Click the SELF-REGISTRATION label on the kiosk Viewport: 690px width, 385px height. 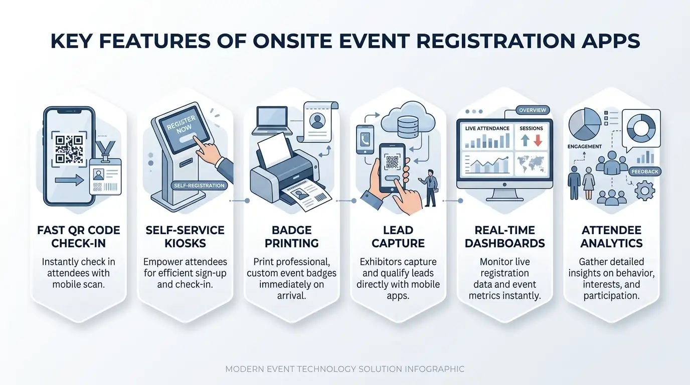pyautogui.click(x=199, y=185)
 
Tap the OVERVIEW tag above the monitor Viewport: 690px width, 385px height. pyautogui.click(x=533, y=110)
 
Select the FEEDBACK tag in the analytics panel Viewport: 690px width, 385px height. pyautogui.click(x=645, y=171)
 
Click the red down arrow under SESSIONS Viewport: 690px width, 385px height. pyautogui.click(x=538, y=141)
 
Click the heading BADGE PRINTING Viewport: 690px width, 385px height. pyautogui.click(x=291, y=237)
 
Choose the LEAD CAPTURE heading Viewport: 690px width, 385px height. pyautogui.click(x=398, y=237)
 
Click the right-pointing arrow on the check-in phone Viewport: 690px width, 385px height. pyautogui.click(x=70, y=180)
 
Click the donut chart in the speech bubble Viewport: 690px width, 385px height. pyautogui.click(x=641, y=128)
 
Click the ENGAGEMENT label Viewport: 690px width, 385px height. pyautogui.click(x=584, y=146)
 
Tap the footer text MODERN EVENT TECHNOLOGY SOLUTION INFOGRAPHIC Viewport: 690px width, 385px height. pyautogui.click(x=345, y=369)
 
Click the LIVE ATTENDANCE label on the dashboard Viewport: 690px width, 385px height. pyautogui.click(x=487, y=128)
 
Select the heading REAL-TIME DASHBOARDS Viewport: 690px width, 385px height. pyautogui.click(x=504, y=237)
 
